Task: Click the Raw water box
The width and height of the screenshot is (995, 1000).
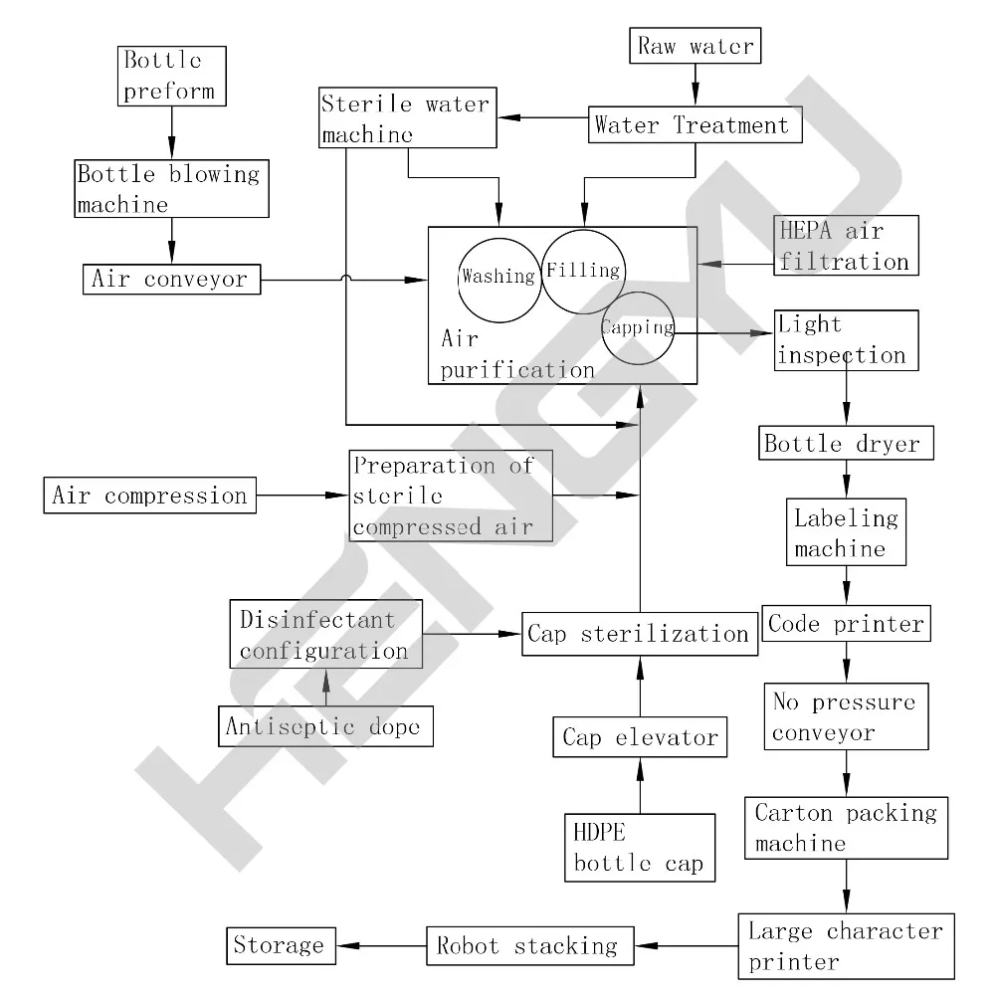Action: point(696,46)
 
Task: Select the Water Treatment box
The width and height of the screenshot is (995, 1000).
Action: point(693,126)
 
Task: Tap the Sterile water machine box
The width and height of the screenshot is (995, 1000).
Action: point(408,118)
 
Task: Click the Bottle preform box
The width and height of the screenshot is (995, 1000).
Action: point(171,76)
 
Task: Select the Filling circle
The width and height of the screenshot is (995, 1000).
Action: point(582,271)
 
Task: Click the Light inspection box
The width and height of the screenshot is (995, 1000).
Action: point(846,340)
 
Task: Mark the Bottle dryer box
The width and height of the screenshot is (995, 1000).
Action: point(846,444)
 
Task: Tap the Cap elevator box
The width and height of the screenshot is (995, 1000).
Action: point(640,737)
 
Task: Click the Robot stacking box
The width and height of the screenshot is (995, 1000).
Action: point(528,944)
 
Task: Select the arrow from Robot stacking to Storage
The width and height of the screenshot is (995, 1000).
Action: point(382,944)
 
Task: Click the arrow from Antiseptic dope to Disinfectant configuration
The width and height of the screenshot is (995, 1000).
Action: point(325,687)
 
